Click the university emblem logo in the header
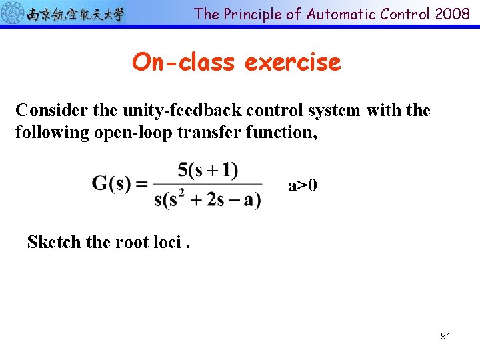click(x=13, y=13)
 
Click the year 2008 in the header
click(x=453, y=14)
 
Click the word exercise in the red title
click(x=293, y=62)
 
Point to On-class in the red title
click(x=183, y=62)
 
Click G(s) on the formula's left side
click(x=111, y=183)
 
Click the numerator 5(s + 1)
click(x=207, y=170)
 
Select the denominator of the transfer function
click(x=207, y=199)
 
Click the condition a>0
click(x=302, y=185)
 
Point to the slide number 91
click(x=445, y=336)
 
